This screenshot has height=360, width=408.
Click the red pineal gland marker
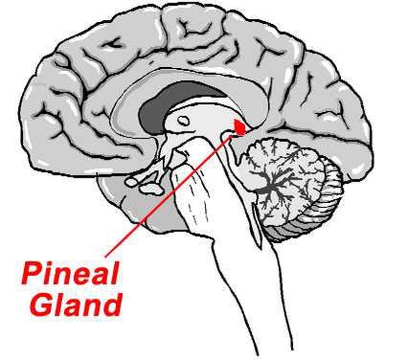[x=240, y=127]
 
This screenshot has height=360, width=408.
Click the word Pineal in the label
[x=69, y=274]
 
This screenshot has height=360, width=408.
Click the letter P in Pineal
[x=31, y=274]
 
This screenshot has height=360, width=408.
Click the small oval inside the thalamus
[x=183, y=120]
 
